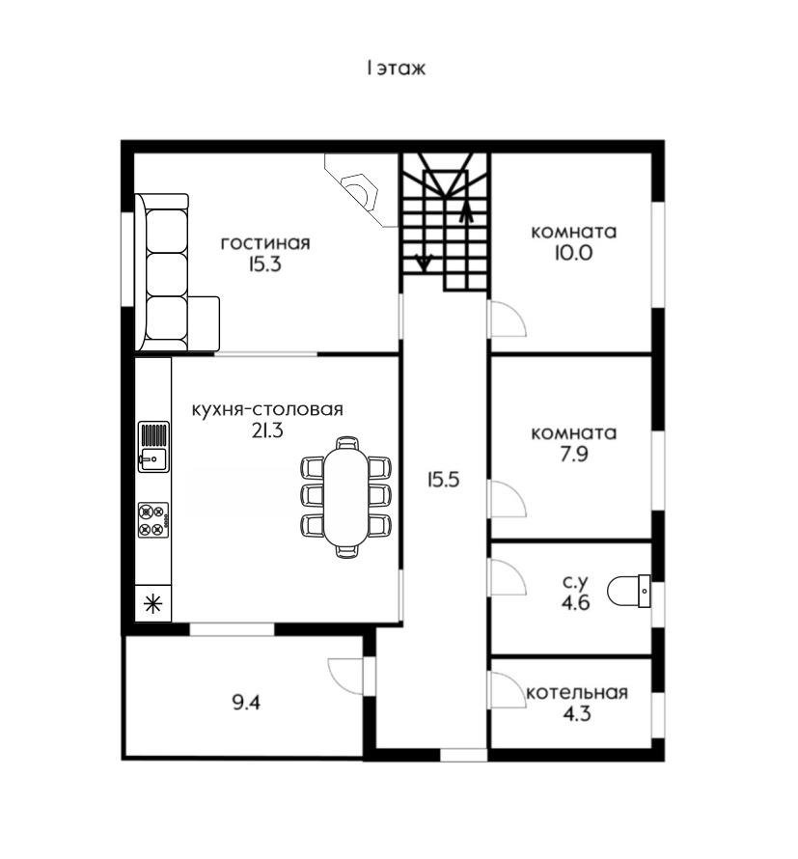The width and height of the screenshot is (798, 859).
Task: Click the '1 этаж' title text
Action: click(396, 69)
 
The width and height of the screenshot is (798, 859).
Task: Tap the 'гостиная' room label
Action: click(265, 242)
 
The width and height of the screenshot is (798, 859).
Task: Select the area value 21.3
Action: click(267, 430)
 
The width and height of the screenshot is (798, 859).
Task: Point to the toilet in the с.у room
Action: click(629, 591)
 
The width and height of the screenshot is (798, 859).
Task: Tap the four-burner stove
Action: click(153, 520)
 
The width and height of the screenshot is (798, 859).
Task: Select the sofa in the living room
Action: click(177, 272)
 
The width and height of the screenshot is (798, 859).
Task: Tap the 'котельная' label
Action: click(577, 692)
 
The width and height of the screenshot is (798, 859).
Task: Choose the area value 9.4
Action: click(246, 703)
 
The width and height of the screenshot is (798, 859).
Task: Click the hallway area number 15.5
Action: click(443, 480)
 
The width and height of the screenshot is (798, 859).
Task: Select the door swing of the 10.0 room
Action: click(509, 319)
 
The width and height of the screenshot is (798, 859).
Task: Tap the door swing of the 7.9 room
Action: click(509, 499)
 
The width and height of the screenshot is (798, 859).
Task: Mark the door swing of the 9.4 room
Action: click(345, 676)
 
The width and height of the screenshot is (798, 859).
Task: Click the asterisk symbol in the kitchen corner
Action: click(152, 603)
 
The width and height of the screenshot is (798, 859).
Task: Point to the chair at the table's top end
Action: click(347, 443)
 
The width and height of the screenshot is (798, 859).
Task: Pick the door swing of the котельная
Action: click(509, 689)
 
